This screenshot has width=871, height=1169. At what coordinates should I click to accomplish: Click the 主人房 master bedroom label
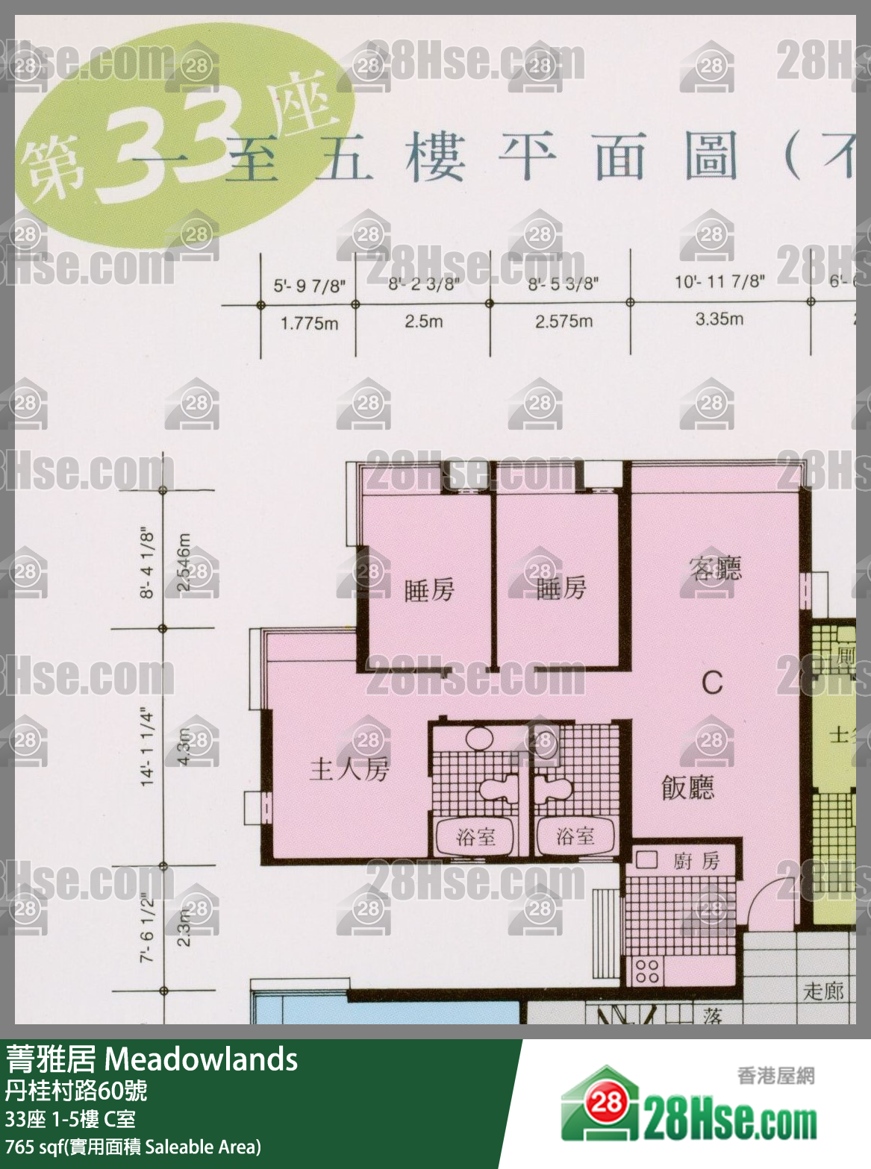coord(349,769)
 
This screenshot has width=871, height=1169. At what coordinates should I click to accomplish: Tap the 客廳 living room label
coord(716,568)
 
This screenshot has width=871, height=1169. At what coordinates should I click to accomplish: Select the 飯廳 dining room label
coord(687,787)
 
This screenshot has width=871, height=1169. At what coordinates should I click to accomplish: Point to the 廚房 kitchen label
coord(696,862)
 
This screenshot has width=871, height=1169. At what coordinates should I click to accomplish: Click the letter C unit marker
coord(712,681)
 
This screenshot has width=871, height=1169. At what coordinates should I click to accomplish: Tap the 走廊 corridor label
coord(823,991)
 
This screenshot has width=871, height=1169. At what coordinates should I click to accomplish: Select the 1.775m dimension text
coord(309,324)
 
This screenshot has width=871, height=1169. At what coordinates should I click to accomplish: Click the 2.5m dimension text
coord(423,322)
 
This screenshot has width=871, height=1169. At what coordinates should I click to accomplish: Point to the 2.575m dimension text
coord(564,322)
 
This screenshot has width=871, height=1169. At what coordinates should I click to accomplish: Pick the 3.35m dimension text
coord(719,319)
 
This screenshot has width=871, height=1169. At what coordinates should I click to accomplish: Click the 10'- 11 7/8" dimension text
coord(719,281)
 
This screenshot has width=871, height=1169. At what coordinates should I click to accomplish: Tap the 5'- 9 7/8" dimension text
coord(309,285)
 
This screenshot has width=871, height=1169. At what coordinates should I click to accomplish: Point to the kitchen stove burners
coord(646,971)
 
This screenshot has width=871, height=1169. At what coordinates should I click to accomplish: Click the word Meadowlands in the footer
coord(202,1059)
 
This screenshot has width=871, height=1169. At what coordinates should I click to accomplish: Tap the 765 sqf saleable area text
coord(133,1147)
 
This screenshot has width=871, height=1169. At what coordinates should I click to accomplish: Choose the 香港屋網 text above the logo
coord(775,1075)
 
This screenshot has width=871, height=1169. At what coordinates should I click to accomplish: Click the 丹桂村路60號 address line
coord(76,1091)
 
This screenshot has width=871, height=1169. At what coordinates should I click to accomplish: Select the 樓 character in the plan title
coord(436,157)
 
